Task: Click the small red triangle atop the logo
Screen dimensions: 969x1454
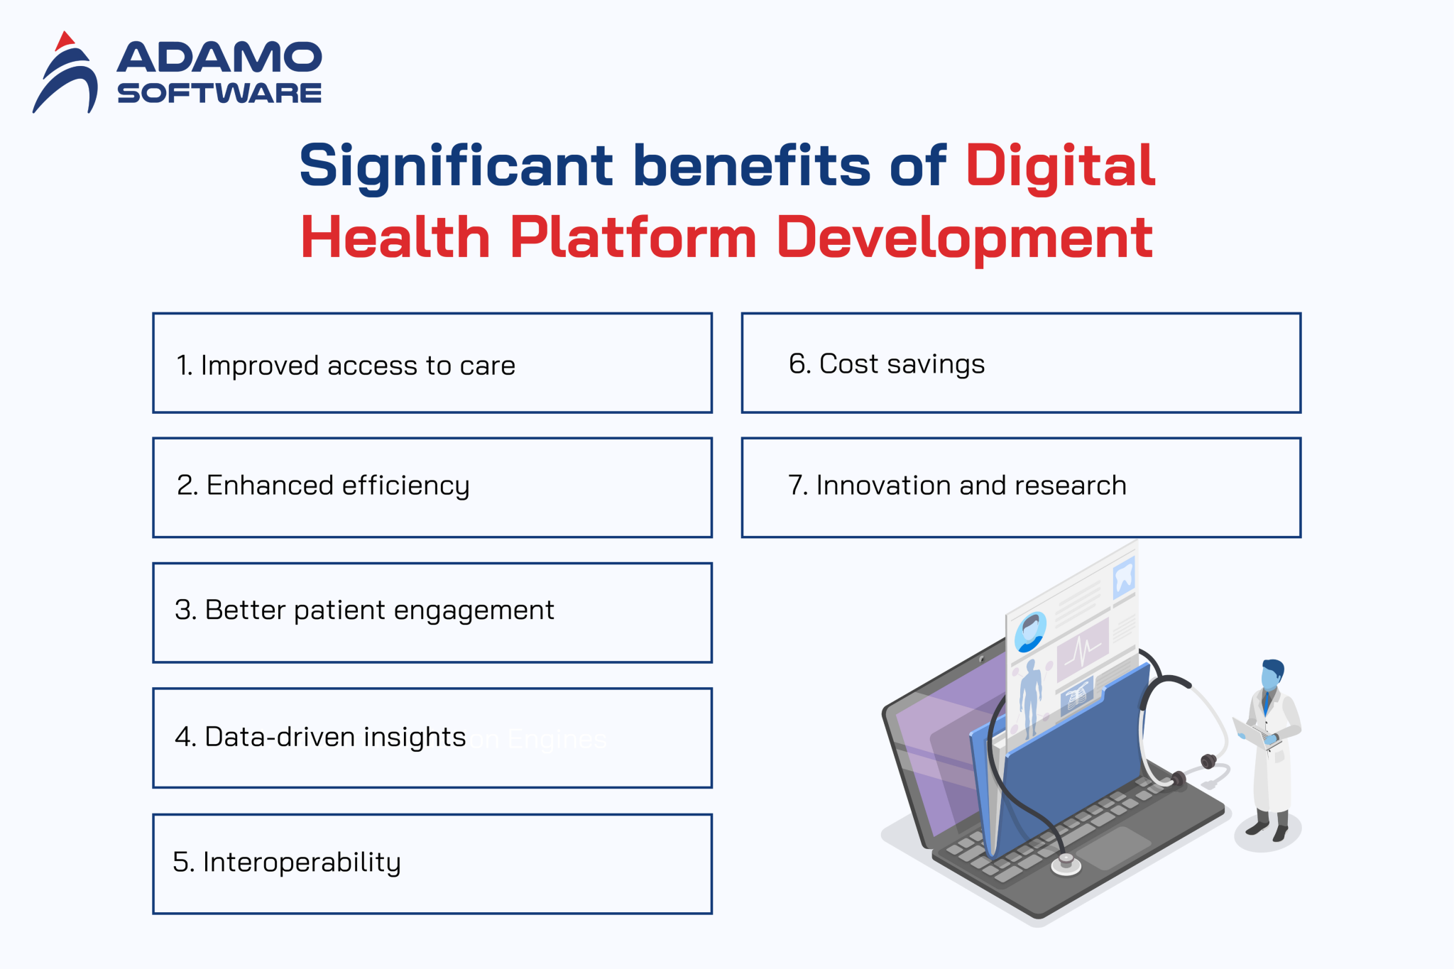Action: (x=65, y=40)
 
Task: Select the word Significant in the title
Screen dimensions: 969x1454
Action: (x=455, y=166)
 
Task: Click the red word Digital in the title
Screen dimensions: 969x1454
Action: (x=1060, y=166)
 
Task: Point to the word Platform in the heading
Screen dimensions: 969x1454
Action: (x=633, y=238)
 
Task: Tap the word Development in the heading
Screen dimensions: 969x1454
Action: (x=964, y=238)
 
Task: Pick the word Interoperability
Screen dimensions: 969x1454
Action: (x=302, y=863)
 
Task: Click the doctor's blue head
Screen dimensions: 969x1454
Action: (x=1271, y=674)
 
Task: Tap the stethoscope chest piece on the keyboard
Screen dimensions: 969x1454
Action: (x=1065, y=864)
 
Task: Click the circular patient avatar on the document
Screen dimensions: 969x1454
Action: (x=1030, y=631)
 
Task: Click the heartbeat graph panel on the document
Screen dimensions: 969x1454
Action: (x=1082, y=649)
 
